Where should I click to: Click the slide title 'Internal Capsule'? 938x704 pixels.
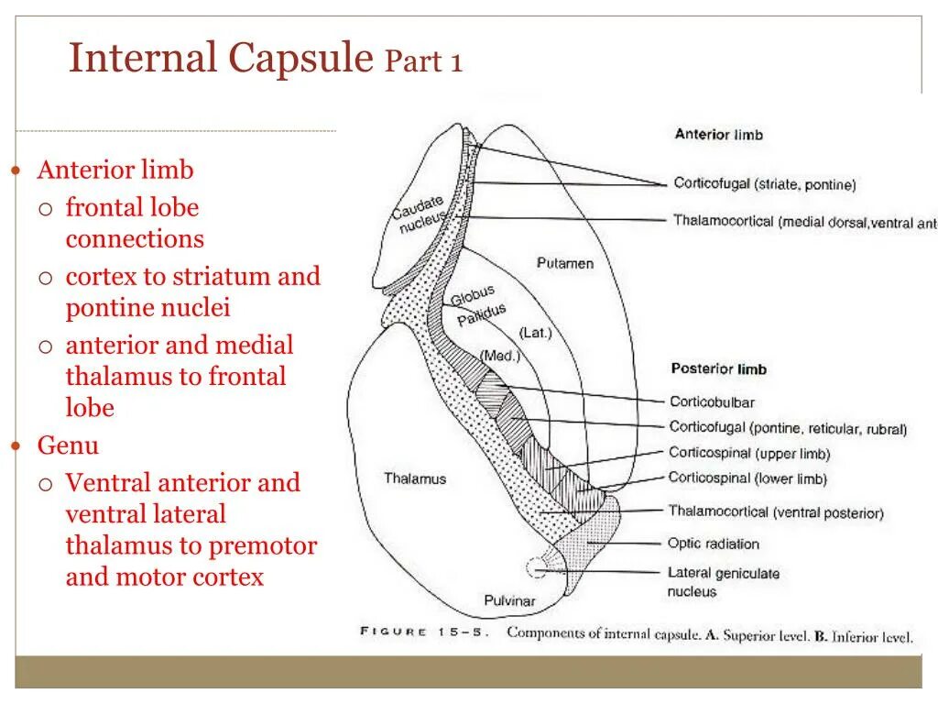pos(221,59)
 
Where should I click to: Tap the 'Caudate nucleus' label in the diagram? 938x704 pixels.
pos(420,213)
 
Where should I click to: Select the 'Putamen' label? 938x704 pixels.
pos(564,264)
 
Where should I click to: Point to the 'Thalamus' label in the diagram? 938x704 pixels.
pos(415,478)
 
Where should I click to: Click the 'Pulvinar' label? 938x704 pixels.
pos(509,601)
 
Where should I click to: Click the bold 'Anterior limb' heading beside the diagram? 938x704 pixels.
pos(718,135)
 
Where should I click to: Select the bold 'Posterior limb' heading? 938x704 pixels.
pos(718,369)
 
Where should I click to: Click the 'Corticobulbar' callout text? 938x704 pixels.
pos(712,401)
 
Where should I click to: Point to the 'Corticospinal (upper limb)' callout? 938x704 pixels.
pos(748,453)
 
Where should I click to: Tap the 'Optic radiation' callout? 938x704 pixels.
pos(713,544)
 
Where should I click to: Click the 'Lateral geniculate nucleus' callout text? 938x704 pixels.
pos(723,581)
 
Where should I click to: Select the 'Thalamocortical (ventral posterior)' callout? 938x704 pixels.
pos(775,512)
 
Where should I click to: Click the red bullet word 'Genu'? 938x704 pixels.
pos(68,446)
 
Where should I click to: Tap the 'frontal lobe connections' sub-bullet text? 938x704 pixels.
pos(134,223)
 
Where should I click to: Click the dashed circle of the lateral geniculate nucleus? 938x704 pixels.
pos(537,569)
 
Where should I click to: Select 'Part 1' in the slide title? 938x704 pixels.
pos(424,62)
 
